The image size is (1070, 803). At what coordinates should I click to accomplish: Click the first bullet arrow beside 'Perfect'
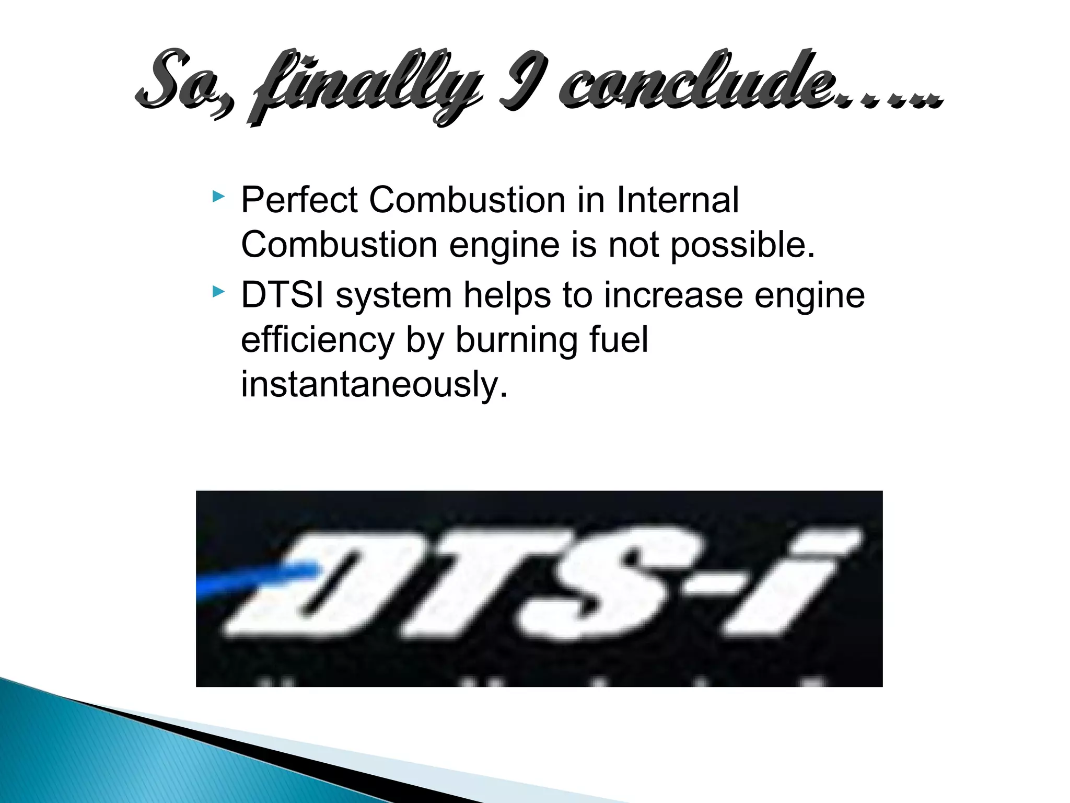point(219,197)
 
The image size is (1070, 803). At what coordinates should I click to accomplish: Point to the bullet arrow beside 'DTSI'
point(219,292)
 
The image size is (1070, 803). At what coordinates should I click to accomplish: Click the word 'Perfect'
point(299,200)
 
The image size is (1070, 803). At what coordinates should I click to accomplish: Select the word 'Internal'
point(677,200)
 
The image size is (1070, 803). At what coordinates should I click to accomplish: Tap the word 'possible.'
point(742,245)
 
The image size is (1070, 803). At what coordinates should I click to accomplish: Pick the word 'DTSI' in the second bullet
point(282,295)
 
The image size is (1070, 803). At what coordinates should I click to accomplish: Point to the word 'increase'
point(673,295)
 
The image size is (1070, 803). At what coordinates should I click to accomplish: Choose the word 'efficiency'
point(318,340)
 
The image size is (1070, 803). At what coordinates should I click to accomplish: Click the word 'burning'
point(516,340)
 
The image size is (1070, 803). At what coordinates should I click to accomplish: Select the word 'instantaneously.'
point(374,385)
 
